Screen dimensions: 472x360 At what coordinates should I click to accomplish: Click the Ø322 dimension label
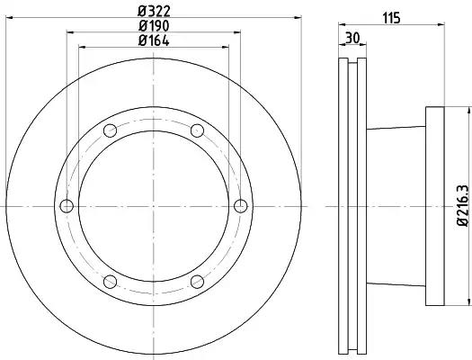coord(154,12)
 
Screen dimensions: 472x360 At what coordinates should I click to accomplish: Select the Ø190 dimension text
coord(154,26)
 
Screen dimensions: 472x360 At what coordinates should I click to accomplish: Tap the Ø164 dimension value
coord(154,40)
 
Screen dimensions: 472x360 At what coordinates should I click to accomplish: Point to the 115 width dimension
coord(391,18)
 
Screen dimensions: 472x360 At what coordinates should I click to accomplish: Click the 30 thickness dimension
coord(352,39)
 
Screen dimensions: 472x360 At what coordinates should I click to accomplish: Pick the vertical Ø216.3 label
coord(463,205)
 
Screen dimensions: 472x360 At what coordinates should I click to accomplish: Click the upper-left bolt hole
coord(111,130)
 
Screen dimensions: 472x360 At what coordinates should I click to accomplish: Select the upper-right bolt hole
coord(198,130)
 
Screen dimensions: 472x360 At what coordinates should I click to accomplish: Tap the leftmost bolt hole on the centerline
coord(67,206)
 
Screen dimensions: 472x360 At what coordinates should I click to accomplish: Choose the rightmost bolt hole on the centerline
coord(241,206)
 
